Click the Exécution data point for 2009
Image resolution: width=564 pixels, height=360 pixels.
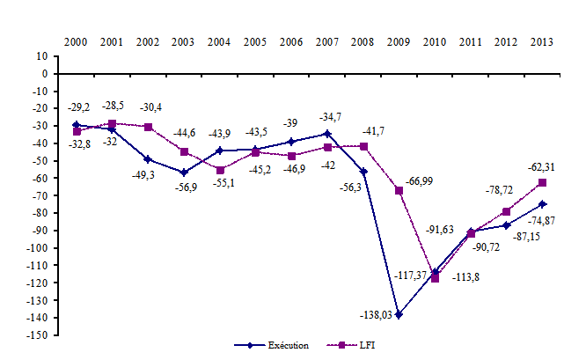tap(398, 314)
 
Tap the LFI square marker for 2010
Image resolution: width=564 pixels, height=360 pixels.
tap(434, 278)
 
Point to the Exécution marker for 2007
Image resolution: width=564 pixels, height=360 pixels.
tap(326, 134)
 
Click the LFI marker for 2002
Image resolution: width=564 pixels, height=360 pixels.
tap(148, 127)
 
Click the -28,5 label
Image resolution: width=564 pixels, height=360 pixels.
tap(112, 107)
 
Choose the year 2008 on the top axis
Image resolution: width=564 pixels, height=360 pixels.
tap(363, 41)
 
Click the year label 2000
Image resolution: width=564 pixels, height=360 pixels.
tap(77, 41)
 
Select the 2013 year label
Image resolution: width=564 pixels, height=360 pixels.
tap(541, 41)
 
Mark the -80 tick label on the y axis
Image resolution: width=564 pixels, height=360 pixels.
tap(39, 213)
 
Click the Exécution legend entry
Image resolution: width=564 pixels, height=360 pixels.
tap(272, 346)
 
